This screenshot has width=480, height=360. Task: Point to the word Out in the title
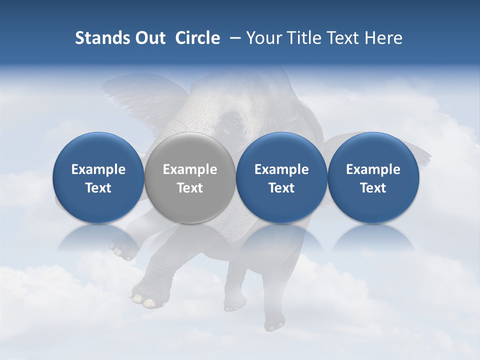[x=148, y=38]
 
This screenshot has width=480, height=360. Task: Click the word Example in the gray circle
[x=189, y=169]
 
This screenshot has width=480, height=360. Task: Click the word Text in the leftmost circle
[x=98, y=188]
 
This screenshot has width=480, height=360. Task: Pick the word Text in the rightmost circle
[x=373, y=188]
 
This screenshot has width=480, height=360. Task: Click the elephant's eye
[x=232, y=120]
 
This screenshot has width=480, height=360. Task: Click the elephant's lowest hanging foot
[x=273, y=325]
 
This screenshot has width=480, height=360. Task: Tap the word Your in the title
[x=263, y=38]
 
